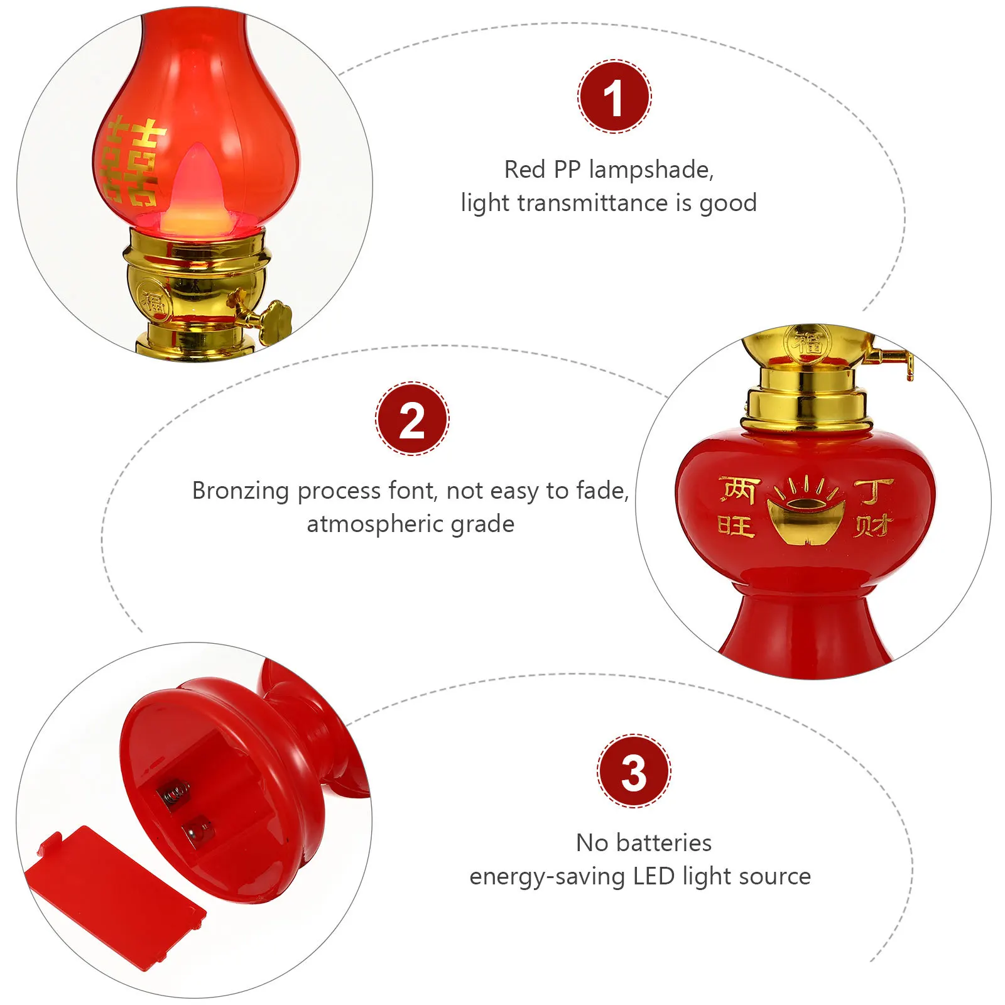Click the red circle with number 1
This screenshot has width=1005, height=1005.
coord(614,97)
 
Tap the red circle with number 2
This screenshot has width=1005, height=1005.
coord(412,418)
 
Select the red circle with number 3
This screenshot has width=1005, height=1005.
coord(634,771)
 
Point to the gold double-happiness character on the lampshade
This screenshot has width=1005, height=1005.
coord(133,162)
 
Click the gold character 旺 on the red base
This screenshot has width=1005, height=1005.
coord(736,525)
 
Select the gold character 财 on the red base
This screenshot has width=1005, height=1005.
coord(873,526)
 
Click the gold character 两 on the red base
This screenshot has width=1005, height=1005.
coord(739,490)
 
